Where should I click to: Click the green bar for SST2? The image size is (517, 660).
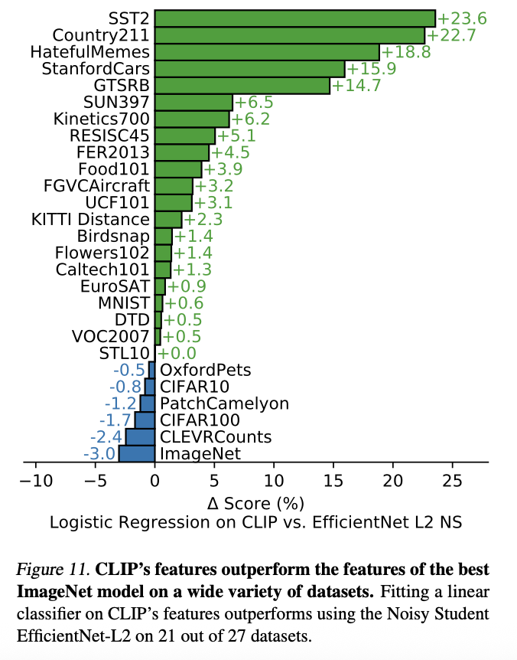pyautogui.click(x=294, y=18)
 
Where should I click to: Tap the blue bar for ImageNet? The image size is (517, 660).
pyautogui.click(x=137, y=453)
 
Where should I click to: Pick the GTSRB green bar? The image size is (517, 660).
pyautogui.click(x=242, y=85)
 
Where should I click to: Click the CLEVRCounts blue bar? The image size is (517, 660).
pyautogui.click(x=141, y=436)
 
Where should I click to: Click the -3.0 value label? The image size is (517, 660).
pyautogui.click(x=99, y=454)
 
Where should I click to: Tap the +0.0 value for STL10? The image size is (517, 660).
pyautogui.click(x=176, y=353)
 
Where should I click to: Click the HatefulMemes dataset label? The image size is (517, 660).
pyautogui.click(x=89, y=52)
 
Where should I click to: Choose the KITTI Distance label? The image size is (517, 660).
pyautogui.click(x=91, y=219)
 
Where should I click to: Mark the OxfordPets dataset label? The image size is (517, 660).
pyautogui.click(x=205, y=370)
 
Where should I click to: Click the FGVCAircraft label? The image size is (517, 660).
pyautogui.click(x=98, y=185)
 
